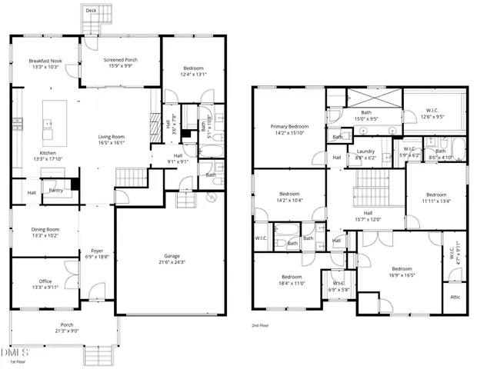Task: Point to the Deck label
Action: pos(91,11)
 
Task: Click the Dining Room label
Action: pos(45,233)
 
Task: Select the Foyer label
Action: pos(96,250)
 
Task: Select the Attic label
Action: pos(455,297)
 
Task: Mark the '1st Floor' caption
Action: pos(11,361)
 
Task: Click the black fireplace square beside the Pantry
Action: pos(74,184)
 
